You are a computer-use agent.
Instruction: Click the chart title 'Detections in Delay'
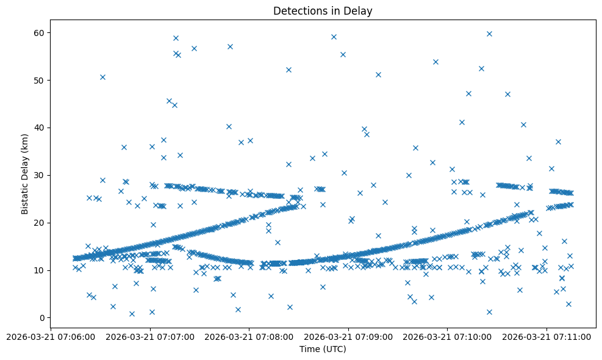[x=322, y=11]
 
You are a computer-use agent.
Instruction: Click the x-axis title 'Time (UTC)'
[x=322, y=349]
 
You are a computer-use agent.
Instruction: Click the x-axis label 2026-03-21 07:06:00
[x=51, y=336]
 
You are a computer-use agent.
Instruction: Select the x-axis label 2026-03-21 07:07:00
[x=150, y=336]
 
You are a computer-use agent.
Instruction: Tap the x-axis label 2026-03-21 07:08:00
[x=249, y=336]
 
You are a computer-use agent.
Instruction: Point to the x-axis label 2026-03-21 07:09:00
[x=349, y=336]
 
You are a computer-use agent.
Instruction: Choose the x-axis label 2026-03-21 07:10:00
[x=448, y=336]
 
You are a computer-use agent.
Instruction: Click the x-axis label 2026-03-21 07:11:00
[x=547, y=336]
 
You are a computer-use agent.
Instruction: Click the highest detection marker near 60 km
[x=489, y=34]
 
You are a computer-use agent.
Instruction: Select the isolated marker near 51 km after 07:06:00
[x=102, y=77]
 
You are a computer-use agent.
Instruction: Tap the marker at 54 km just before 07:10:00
[x=435, y=62]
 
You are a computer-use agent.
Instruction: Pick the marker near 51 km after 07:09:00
[x=378, y=74]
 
